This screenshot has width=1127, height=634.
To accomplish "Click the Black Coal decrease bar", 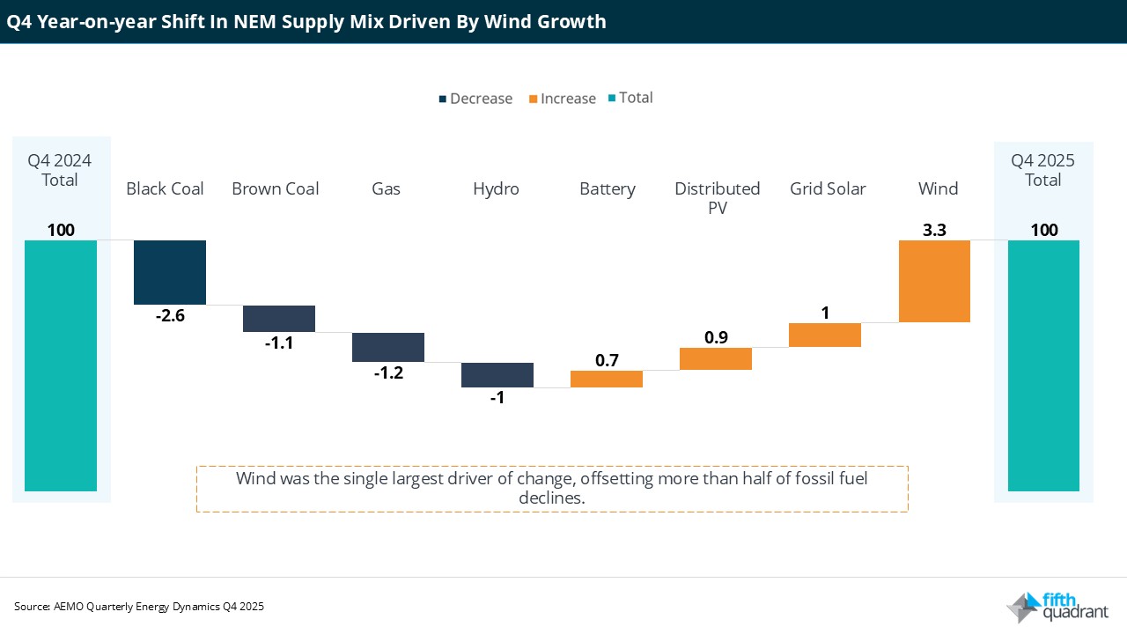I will click(169, 272).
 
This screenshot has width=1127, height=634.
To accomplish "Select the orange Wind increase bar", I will click(934, 281).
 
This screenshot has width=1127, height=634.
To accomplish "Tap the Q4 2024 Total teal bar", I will click(61, 365).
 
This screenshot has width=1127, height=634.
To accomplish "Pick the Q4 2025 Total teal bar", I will click(1043, 365).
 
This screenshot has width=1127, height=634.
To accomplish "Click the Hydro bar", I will click(497, 375).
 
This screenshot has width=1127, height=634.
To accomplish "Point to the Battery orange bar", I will click(607, 379).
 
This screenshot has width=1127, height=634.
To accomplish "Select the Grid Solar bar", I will click(825, 335).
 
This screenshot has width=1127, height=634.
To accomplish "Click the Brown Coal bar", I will click(279, 319).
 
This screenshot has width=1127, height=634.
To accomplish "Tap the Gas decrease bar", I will click(388, 347).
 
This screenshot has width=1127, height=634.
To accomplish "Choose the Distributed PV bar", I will click(716, 358).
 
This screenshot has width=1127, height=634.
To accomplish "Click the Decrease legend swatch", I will click(443, 99).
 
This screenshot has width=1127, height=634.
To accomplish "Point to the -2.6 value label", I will click(169, 315).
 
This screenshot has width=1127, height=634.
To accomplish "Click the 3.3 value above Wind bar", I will click(934, 230).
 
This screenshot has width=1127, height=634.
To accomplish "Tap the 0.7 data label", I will click(607, 360).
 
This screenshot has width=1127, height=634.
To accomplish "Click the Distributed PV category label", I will click(718, 197).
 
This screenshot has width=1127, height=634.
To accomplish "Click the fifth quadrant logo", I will click(1057, 607).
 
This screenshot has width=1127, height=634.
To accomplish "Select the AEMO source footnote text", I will click(139, 607).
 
